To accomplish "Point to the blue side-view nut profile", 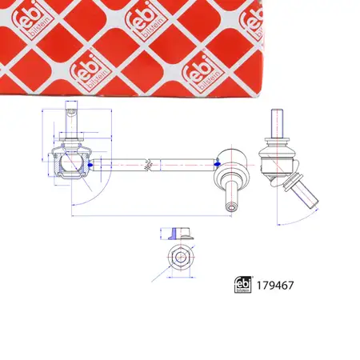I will (x=178, y=233).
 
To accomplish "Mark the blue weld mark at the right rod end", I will (x=218, y=163).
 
